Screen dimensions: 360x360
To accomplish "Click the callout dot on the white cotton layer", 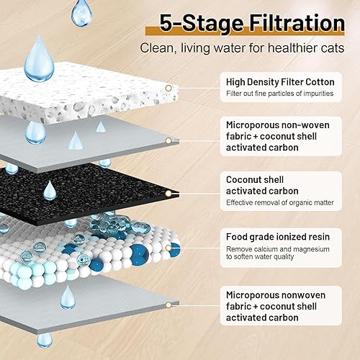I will coord(168,88).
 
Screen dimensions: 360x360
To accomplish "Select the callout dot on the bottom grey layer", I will coord(168,301).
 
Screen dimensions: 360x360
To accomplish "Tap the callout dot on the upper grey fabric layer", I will coord(168,140).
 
